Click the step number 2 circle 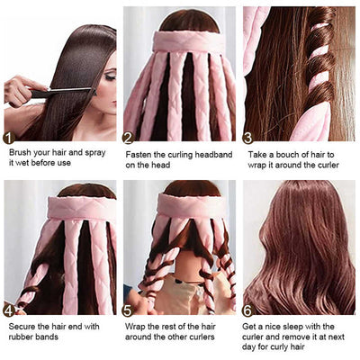[128, 138]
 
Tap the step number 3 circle [247, 138]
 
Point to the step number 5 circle [128, 309]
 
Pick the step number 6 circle [247, 309]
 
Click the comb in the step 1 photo [67, 91]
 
